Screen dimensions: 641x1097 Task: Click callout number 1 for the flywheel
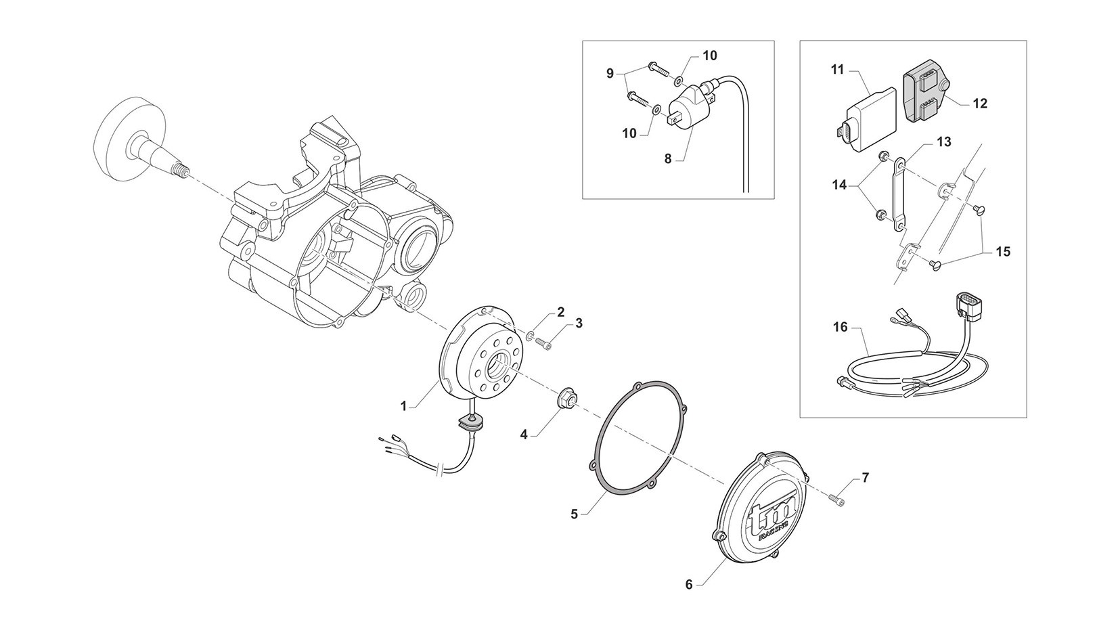coord(404,406)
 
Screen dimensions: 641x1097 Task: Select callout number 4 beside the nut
coord(524,434)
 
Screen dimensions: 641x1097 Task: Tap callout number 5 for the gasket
coord(575,514)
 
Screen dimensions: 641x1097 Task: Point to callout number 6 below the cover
coord(689,584)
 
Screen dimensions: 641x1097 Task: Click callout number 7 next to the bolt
coord(866,479)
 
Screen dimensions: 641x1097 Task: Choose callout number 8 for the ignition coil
coord(668,159)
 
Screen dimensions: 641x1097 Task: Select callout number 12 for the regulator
coord(980,104)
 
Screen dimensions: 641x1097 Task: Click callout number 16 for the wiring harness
coord(840,328)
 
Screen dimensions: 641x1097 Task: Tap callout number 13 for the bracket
coord(944,142)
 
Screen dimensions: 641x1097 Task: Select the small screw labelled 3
coord(543,345)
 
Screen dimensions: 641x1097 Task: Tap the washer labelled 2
coord(531,336)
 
